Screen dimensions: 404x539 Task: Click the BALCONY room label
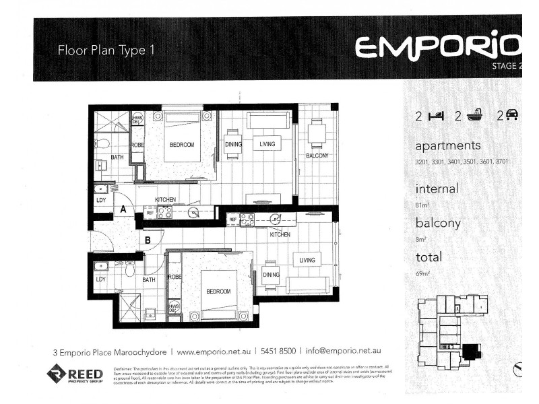317,156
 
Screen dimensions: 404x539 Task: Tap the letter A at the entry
123,209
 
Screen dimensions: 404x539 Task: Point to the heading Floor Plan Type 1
106,50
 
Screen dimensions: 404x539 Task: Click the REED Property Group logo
75,374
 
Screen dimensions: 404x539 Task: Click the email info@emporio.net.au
344,351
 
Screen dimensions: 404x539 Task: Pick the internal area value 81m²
424,203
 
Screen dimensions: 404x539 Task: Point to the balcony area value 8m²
422,238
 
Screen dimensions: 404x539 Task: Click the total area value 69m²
424,273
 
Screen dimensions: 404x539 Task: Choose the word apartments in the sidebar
448,145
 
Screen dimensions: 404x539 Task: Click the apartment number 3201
422,162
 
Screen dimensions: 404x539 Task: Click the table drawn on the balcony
317,132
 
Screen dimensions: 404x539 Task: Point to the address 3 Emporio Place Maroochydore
109,351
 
